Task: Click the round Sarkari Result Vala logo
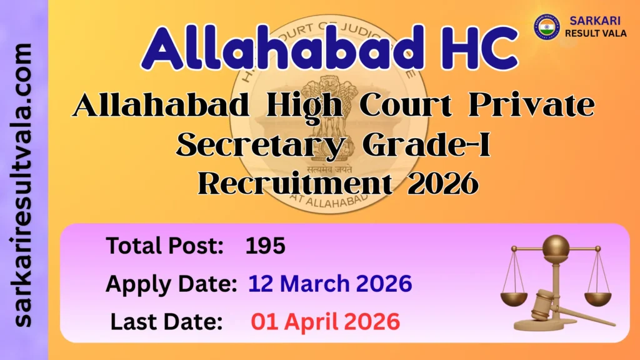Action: coord(546,27)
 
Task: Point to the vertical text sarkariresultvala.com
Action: coord(24,185)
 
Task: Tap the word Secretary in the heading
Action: coord(254,145)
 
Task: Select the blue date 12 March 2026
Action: coord(330,284)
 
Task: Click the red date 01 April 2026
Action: coord(325,321)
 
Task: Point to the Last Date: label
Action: coord(167,321)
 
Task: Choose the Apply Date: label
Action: coord(171,284)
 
